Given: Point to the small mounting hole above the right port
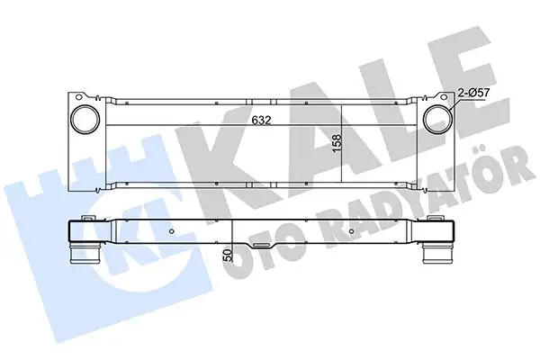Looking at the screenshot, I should click(x=440, y=95).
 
